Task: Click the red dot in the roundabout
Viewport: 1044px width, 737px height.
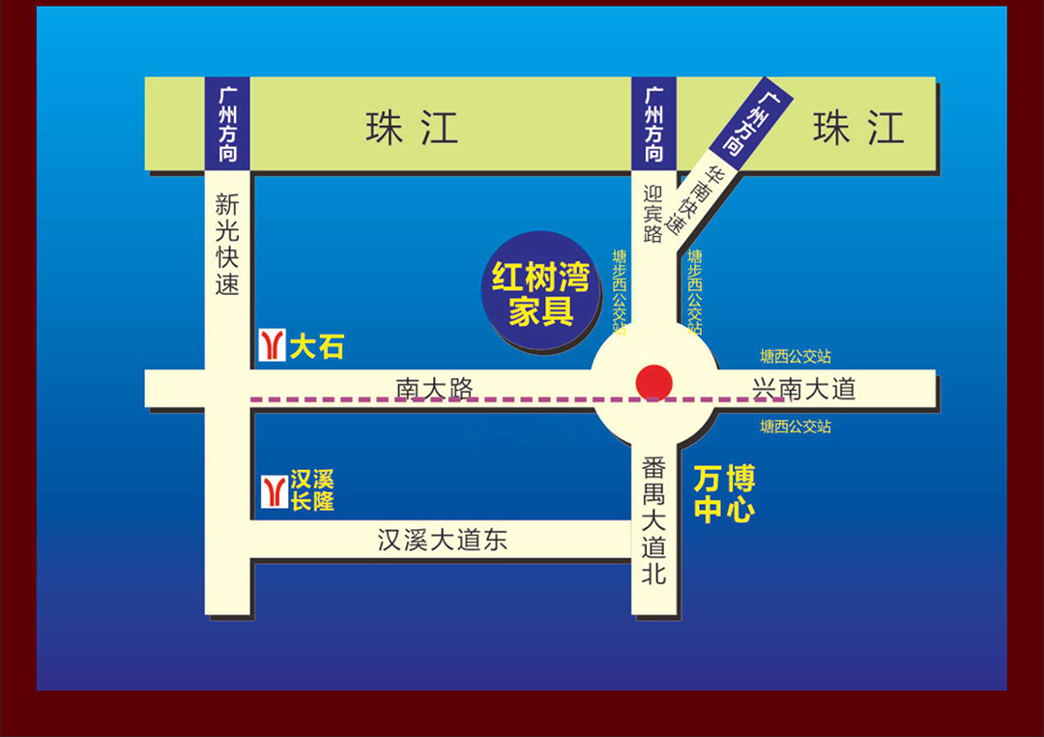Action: (654, 382)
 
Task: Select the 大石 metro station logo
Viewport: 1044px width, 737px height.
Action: (273, 345)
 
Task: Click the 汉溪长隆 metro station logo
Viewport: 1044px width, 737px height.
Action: (274, 490)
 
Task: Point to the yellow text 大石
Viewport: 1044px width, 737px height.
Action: (316, 346)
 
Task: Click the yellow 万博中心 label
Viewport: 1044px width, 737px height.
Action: (724, 494)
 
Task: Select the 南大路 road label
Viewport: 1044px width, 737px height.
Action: (435, 388)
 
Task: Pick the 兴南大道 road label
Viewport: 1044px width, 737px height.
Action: (804, 389)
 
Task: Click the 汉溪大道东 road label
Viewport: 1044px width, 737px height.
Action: (442, 540)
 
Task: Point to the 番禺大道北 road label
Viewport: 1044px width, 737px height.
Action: (654, 520)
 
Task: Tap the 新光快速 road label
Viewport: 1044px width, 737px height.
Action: (227, 245)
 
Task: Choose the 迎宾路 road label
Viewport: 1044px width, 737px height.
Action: (653, 214)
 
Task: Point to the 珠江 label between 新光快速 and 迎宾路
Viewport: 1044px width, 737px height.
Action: (412, 128)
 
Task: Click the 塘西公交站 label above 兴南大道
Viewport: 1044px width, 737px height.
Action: (795, 357)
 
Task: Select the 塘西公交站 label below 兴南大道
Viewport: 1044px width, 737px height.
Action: (795, 427)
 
